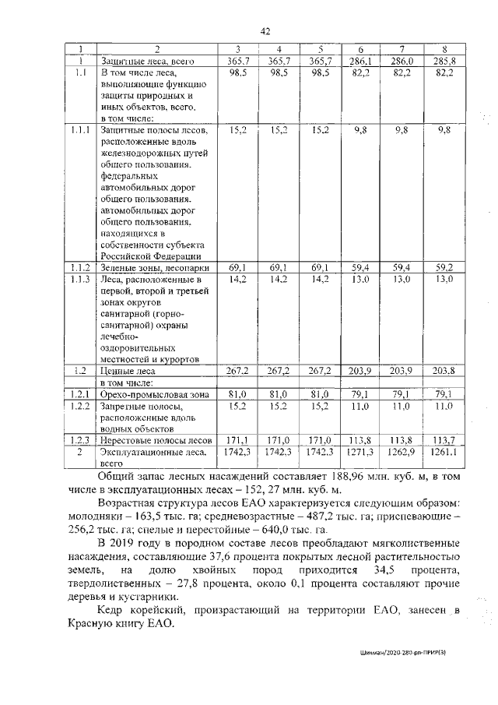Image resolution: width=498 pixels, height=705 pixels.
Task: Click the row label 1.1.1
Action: point(80,131)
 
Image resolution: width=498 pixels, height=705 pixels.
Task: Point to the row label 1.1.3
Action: point(80,278)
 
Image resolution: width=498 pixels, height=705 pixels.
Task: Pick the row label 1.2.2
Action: point(80,407)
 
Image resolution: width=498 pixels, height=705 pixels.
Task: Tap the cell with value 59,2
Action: point(444,267)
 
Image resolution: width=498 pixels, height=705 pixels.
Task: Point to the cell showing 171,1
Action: point(237,440)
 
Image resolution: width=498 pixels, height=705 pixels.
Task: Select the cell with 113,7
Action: point(444,440)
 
